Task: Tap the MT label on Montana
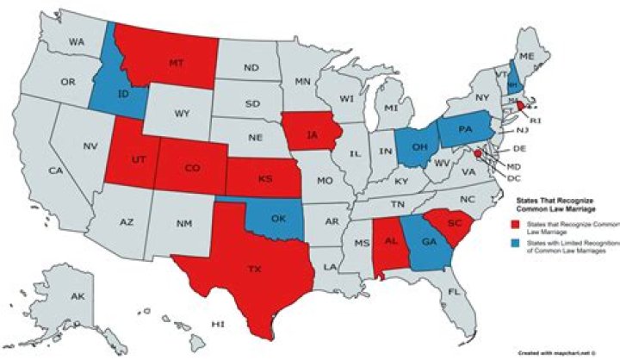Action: pos(176,63)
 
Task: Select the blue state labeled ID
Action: pos(123,92)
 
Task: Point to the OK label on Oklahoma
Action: pos(277,219)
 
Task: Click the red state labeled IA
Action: pos(310,134)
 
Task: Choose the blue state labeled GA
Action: pos(428,243)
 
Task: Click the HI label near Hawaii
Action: pos(218,326)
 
